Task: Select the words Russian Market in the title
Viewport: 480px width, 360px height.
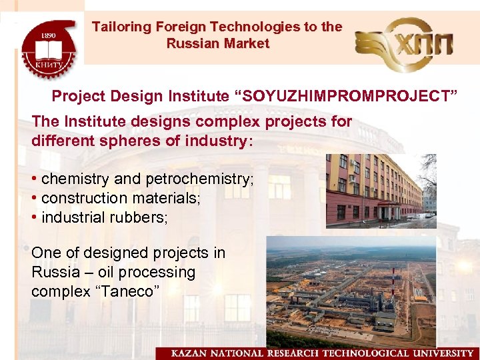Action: [x=217, y=44]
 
